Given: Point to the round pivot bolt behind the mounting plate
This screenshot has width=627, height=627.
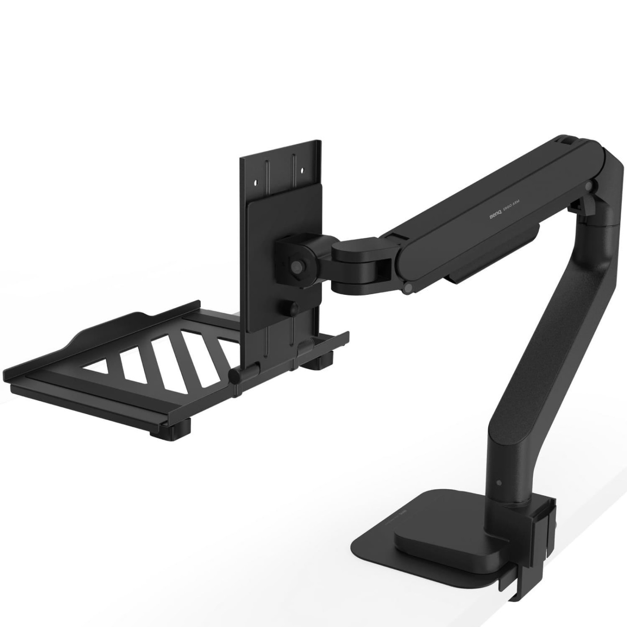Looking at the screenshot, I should [296, 265].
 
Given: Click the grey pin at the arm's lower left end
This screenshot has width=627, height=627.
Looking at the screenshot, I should [408, 288].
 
